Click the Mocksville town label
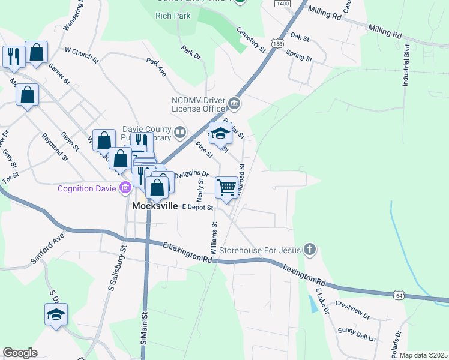click(155, 206)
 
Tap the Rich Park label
click(173, 16)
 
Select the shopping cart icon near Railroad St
click(226, 187)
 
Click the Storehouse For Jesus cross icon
click(309, 249)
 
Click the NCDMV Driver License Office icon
click(234, 104)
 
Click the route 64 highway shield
click(399, 295)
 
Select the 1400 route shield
click(282, 4)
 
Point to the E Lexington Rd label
click(187, 251)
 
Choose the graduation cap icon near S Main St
click(56, 314)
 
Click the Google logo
click(20, 353)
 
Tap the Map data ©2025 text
click(423, 355)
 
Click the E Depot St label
click(197, 208)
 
